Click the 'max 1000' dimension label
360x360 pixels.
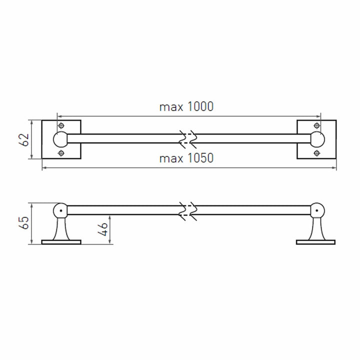(186, 107)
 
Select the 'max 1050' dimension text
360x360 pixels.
(186, 158)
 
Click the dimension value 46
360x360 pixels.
(103, 229)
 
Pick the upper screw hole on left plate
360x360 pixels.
(61, 125)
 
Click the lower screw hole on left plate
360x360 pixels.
(61, 153)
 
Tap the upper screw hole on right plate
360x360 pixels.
(317, 125)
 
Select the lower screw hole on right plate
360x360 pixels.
(317, 153)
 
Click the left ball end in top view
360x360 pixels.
(60, 139)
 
